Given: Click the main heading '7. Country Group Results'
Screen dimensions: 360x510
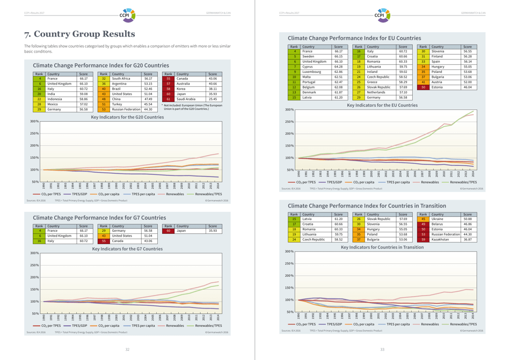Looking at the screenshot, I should pos(79,34).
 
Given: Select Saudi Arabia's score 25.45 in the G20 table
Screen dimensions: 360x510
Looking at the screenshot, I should pos(213,99).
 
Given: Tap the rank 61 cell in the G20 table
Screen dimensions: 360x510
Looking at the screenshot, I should pos(168,99).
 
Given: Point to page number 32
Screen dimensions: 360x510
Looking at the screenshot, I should pos(127,349).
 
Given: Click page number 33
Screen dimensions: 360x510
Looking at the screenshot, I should pos(382,349).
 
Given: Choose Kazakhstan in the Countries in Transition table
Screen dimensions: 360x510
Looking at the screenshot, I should pos(441,239).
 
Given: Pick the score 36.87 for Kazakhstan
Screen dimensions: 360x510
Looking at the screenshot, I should pos(467,239).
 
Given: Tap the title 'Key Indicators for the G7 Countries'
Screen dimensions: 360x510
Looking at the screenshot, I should pos(127,249).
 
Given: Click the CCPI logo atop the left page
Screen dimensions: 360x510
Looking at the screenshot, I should pos(127,12).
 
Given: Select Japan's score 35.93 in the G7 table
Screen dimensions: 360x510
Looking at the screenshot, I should pos(213,231).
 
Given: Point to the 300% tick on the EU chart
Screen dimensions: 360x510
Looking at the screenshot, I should pos(289,109).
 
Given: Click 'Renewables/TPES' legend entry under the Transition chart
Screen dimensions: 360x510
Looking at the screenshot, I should pos(463,324).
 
